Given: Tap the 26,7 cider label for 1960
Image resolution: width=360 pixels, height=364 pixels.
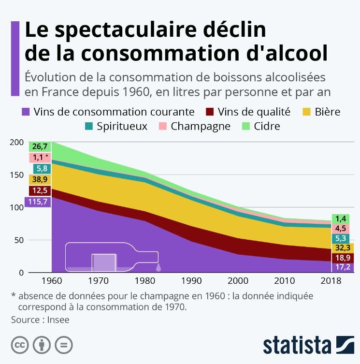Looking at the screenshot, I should tap(40, 146).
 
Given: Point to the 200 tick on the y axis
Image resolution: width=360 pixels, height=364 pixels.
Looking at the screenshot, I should tap(16, 142).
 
